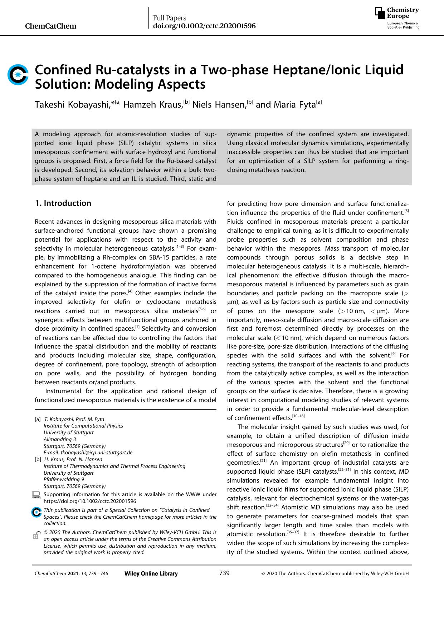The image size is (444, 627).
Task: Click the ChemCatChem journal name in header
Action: coord(51,26)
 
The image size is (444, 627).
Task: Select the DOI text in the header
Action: coord(204,26)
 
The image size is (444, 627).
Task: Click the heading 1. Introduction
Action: coord(63,203)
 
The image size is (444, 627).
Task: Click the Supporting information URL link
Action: coord(90,501)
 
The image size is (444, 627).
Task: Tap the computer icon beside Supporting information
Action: coord(36,495)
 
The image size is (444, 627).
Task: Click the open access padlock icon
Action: coord(36,535)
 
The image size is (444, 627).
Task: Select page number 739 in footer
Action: coord(224,573)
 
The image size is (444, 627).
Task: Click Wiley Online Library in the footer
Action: coord(151,574)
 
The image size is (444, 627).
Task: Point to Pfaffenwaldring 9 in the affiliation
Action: coord(64,479)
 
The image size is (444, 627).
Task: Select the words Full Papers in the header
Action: coord(170,18)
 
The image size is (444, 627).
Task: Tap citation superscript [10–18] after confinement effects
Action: coord(298,416)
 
